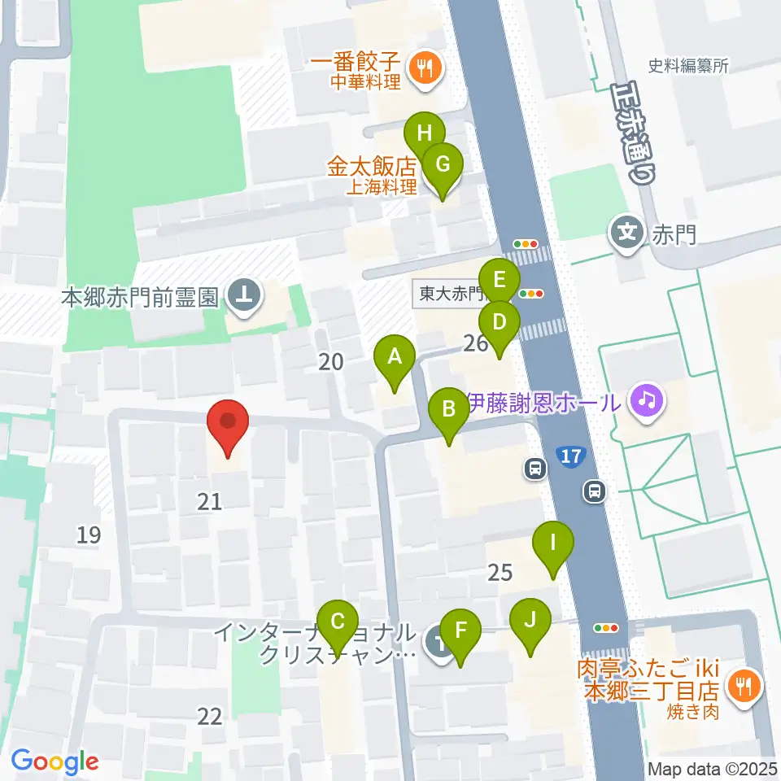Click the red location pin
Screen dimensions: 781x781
coord(228,425)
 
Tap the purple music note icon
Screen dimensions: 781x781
coord(646,400)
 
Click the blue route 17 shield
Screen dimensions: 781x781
coord(571,456)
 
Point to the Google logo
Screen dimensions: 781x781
coord(55,761)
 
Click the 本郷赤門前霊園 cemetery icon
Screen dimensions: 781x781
coord(242,296)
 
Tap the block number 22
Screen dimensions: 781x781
coord(209,716)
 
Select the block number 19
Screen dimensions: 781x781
coord(89,534)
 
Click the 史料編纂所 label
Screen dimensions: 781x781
coord(687,67)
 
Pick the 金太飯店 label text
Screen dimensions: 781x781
coord(372,168)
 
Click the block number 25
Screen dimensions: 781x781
coord(500,573)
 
